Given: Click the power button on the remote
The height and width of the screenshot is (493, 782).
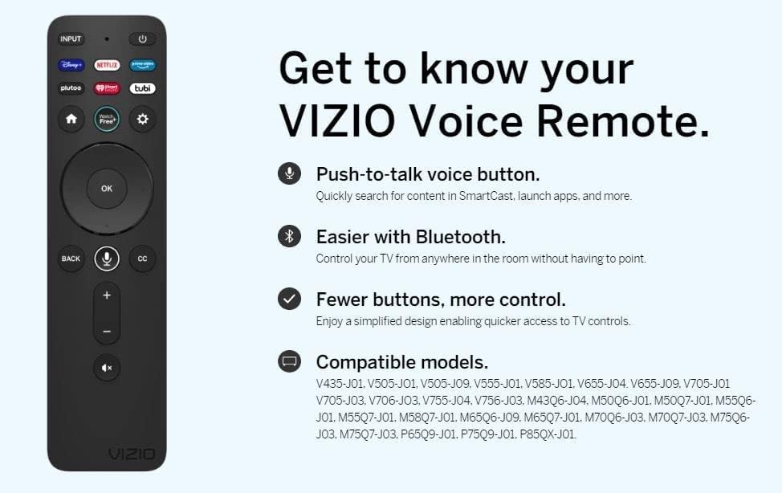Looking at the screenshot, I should (x=142, y=39).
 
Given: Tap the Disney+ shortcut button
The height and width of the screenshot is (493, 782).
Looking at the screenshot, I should (x=71, y=65).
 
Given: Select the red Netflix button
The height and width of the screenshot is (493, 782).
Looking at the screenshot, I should (x=107, y=65).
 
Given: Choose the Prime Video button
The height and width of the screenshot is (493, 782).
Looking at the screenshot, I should (x=142, y=65).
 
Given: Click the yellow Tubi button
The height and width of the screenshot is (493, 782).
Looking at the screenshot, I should (x=142, y=88).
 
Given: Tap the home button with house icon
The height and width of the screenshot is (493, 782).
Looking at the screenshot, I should (x=71, y=119).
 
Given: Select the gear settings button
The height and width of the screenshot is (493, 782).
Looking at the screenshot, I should (x=142, y=119).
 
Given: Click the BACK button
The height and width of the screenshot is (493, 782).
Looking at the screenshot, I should (x=71, y=259).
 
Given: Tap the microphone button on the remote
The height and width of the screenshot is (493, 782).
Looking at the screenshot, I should (x=107, y=259).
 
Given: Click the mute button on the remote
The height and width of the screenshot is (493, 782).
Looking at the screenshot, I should (x=107, y=368).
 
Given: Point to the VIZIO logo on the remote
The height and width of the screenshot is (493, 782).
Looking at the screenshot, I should (x=131, y=454).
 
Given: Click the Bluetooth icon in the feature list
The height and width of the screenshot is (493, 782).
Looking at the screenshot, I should (x=289, y=236).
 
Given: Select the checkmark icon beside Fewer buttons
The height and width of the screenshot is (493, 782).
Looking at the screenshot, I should (x=289, y=299).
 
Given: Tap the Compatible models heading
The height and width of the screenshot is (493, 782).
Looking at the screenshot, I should (x=401, y=361).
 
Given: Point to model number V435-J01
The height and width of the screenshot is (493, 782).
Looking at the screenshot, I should (x=337, y=384).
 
